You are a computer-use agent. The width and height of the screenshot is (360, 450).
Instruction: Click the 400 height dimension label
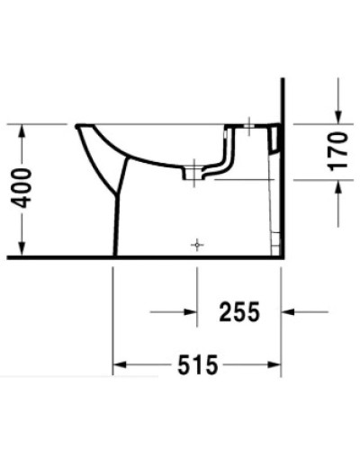28,188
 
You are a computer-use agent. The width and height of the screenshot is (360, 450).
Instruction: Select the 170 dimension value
337,150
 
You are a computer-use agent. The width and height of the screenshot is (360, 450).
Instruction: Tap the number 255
239,312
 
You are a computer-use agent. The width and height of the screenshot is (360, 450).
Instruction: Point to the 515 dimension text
197,365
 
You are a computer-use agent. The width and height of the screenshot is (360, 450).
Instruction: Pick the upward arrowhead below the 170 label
337,185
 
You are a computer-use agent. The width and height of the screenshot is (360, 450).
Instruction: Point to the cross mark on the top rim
247,127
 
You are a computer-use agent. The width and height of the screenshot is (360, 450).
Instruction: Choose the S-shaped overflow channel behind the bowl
225,162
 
